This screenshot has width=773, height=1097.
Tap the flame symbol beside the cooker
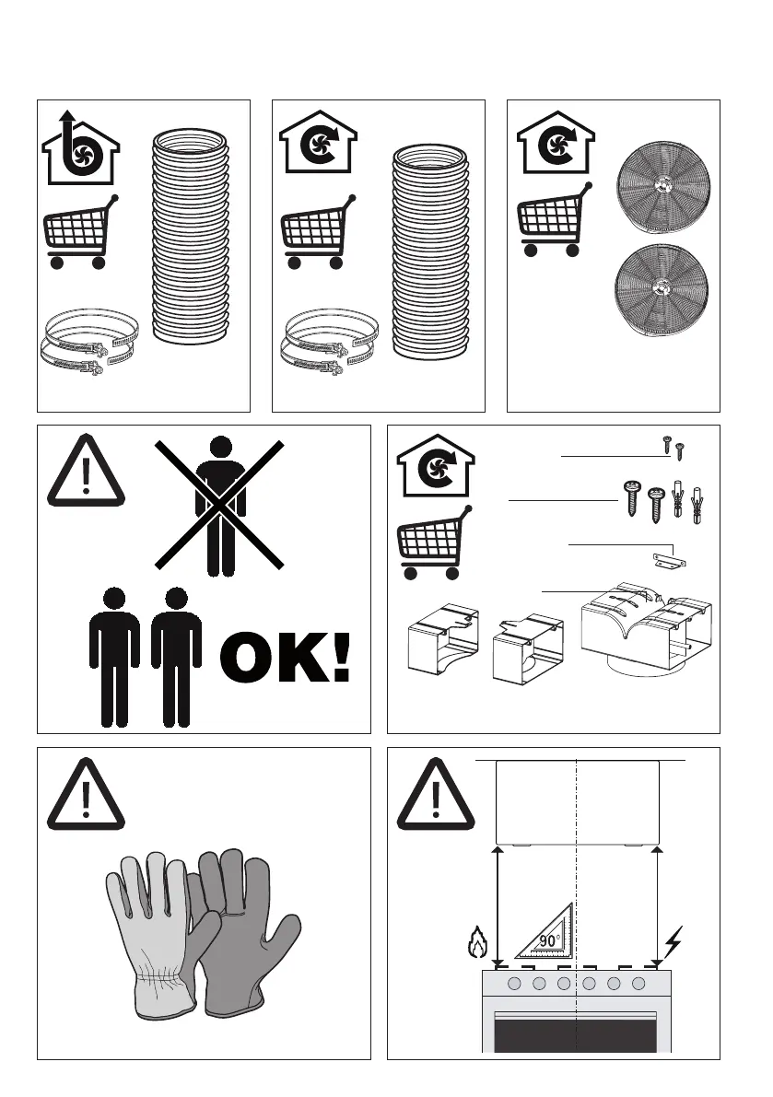(x=478, y=942)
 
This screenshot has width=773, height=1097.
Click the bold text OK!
(x=285, y=658)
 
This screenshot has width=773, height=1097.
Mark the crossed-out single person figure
(x=219, y=505)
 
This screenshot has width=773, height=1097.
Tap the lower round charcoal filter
(x=662, y=286)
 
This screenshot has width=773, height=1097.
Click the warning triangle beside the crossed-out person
(x=86, y=470)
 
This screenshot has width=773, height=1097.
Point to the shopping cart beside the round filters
(x=555, y=219)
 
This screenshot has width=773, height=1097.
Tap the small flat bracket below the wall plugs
(x=667, y=560)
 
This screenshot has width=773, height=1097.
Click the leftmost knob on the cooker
(x=514, y=984)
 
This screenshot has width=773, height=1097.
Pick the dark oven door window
(x=576, y=1035)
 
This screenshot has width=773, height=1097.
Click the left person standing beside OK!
(x=114, y=658)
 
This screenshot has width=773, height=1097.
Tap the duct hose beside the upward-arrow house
(x=191, y=236)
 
